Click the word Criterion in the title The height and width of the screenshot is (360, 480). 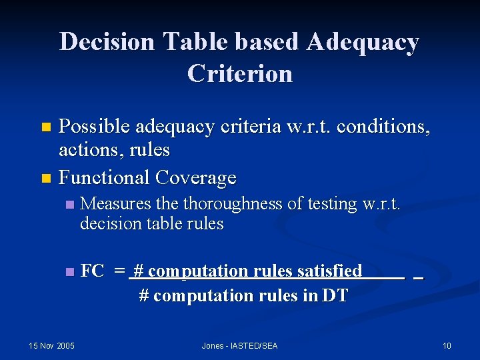[240, 73]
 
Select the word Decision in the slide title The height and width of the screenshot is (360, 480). [107, 42]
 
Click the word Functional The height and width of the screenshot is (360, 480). [104, 177]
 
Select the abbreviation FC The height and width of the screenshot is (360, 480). [92, 271]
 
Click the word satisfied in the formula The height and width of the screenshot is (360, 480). [329, 271]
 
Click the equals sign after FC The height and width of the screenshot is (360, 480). [119, 271]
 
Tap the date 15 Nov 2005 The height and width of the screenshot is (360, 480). [52, 345]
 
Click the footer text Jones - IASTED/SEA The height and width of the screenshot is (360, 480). [240, 345]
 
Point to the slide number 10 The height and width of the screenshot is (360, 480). [447, 345]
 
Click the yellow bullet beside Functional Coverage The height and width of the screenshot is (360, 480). [45, 178]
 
